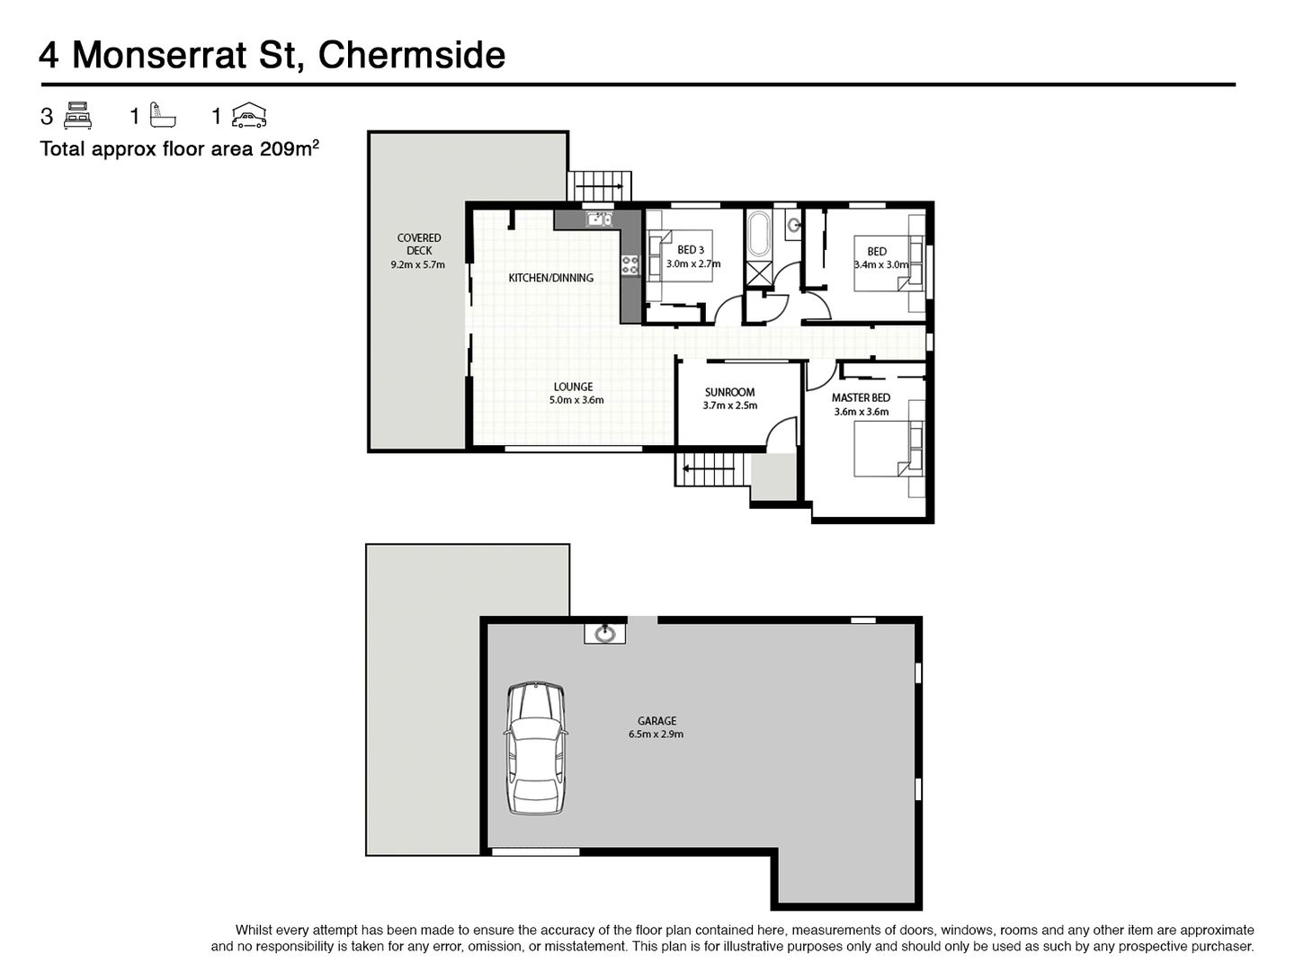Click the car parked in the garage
point(535,749)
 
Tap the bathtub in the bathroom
point(758,234)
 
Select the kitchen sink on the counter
point(599,219)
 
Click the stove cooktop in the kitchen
point(630,264)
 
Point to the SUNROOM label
point(730,392)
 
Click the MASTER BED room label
point(861,398)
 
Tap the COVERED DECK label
point(419,244)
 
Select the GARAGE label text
point(656,720)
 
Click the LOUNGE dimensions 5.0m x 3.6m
point(576,400)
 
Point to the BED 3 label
point(691,250)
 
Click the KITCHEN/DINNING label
point(551,278)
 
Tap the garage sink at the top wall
point(604,634)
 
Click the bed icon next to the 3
point(77,116)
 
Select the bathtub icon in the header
point(163,116)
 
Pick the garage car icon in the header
point(249,115)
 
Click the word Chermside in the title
point(412,56)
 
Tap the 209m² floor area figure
point(289,148)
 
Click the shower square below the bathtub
point(758,273)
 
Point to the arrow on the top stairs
point(600,186)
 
